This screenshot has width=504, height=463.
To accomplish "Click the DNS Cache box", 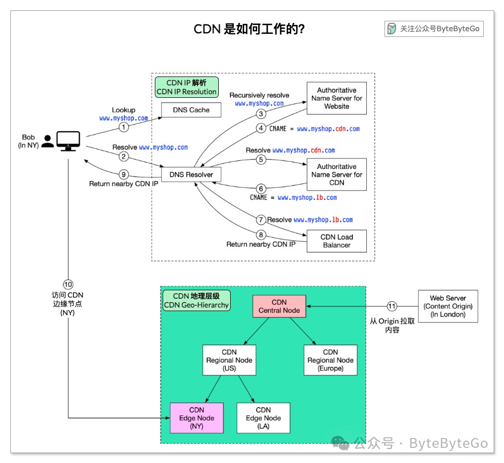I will coord(191,110).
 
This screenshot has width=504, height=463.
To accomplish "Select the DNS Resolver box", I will coord(191,175).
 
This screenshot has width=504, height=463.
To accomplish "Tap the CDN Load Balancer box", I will coord(337,241).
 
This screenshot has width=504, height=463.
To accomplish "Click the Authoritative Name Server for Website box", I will coord(337,98).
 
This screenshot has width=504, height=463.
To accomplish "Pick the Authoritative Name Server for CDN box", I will coord(337,175).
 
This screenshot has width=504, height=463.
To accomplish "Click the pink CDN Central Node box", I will coord(279,306).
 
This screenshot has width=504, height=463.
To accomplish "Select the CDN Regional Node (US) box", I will coord(229,360).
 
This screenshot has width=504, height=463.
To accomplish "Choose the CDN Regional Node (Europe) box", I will coord(330,360).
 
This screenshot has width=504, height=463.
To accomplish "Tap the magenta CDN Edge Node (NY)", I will coord(197,418).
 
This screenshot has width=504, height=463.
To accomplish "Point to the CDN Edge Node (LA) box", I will coord(263,418).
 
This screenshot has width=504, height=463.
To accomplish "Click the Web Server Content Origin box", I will coord(448,306).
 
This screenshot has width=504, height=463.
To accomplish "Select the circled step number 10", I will coord(68,284).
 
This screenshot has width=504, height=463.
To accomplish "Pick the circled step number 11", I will coord(392,306).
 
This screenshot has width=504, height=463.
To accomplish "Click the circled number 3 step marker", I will coord(261,113).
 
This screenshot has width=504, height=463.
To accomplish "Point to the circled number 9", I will coord(123,174).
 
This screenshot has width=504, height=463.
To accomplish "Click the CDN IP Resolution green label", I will coord(187,87).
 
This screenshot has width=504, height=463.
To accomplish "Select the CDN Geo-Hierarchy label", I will coord(196,301).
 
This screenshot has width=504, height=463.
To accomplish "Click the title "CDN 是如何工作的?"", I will coord(249,29).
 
